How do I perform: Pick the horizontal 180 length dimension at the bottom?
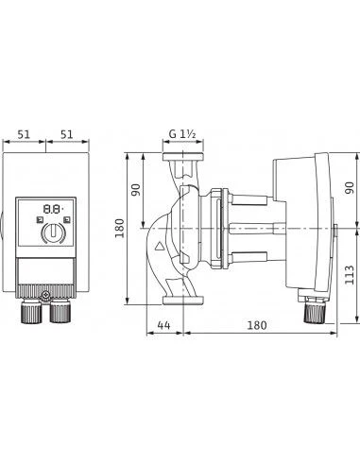[x=256, y=324]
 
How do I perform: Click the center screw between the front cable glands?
[x=46, y=299]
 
